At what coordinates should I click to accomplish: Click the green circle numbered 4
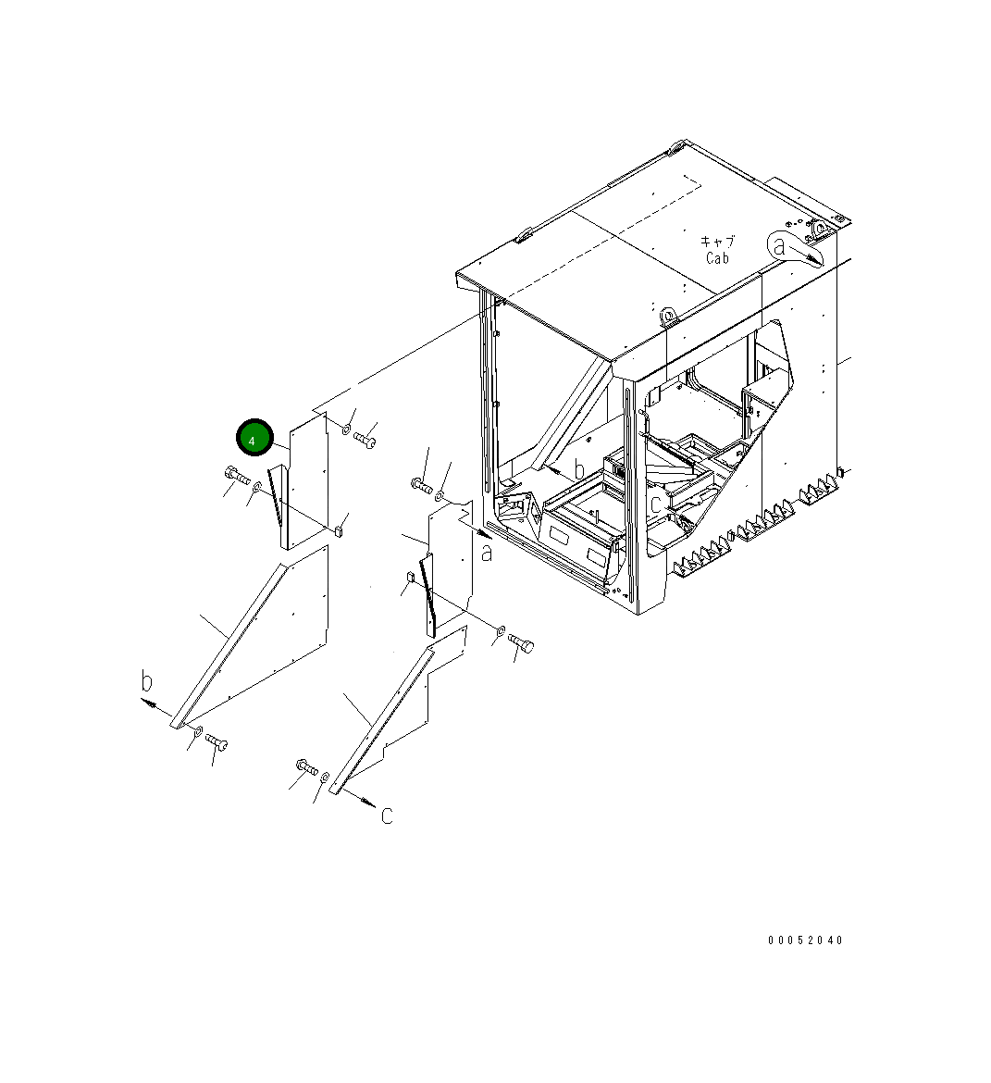point(254,437)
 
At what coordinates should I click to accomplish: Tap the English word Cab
point(717,257)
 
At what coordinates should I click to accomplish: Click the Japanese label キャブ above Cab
point(717,241)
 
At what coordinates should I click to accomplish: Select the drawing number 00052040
point(805,940)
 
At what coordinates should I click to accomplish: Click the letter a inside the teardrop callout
point(779,246)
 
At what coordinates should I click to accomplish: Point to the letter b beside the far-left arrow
point(146,681)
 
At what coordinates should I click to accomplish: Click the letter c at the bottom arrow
point(387,815)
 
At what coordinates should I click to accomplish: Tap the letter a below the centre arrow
point(487,553)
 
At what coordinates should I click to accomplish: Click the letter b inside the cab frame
point(578,469)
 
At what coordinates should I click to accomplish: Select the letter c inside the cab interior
point(655,504)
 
